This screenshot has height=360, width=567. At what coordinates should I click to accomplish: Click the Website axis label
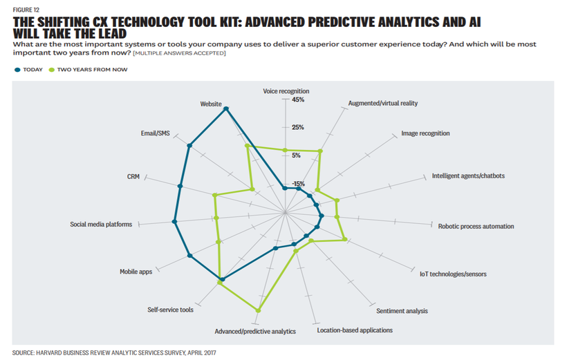click(x=211, y=104)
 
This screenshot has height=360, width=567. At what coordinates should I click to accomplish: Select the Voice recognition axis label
click(x=286, y=91)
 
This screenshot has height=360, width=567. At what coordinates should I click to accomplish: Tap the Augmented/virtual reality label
click(x=382, y=104)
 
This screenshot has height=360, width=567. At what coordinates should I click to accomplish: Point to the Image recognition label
click(x=425, y=133)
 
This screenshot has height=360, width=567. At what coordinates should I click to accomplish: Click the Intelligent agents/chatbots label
click(x=468, y=176)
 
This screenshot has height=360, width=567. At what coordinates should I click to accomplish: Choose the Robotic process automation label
click(x=476, y=226)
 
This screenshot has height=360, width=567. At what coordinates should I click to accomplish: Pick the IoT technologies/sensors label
click(x=453, y=274)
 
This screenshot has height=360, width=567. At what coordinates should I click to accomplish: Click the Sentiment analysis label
click(x=402, y=311)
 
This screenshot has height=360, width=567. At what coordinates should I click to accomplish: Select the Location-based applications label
click(x=355, y=330)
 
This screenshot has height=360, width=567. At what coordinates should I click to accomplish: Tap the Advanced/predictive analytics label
click(x=255, y=332)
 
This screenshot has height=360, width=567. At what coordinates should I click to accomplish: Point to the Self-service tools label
click(x=171, y=310)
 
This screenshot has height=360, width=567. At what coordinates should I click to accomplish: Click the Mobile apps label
click(x=136, y=272)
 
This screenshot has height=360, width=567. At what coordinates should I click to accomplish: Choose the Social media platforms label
click(x=101, y=224)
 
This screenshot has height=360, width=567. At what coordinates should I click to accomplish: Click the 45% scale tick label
click(x=298, y=100)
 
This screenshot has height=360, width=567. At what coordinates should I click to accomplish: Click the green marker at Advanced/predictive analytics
click(x=259, y=310)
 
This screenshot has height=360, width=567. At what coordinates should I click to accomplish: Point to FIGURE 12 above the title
click(x=26, y=10)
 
